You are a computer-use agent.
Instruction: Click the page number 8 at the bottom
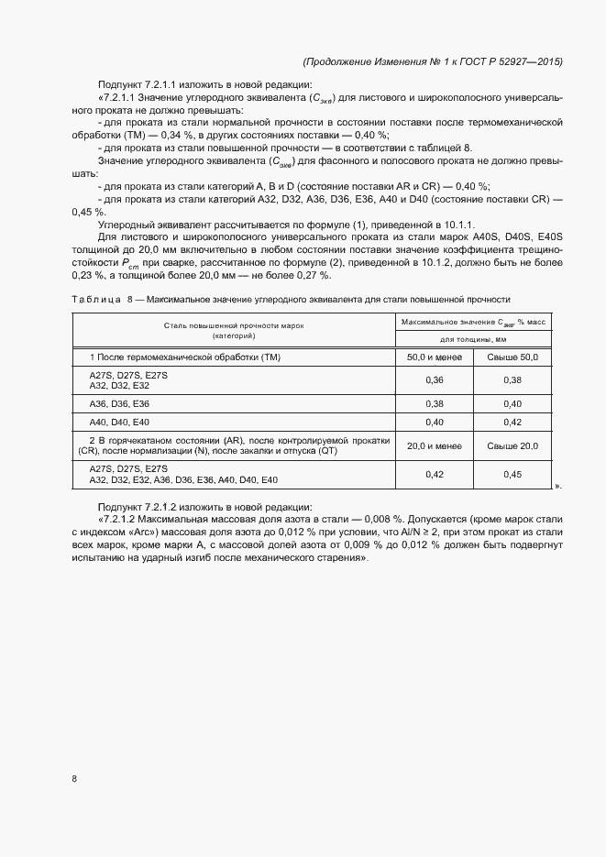click(74, 779)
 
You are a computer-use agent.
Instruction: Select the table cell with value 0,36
click(435, 379)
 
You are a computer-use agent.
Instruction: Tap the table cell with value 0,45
click(512, 474)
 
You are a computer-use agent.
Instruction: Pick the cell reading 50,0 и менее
click(435, 356)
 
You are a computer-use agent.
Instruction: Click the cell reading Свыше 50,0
click(512, 356)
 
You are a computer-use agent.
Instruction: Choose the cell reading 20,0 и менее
click(435, 445)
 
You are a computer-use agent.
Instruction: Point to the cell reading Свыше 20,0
click(512, 445)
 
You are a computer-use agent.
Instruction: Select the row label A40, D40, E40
click(119, 422)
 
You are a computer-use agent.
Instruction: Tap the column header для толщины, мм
click(473, 338)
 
